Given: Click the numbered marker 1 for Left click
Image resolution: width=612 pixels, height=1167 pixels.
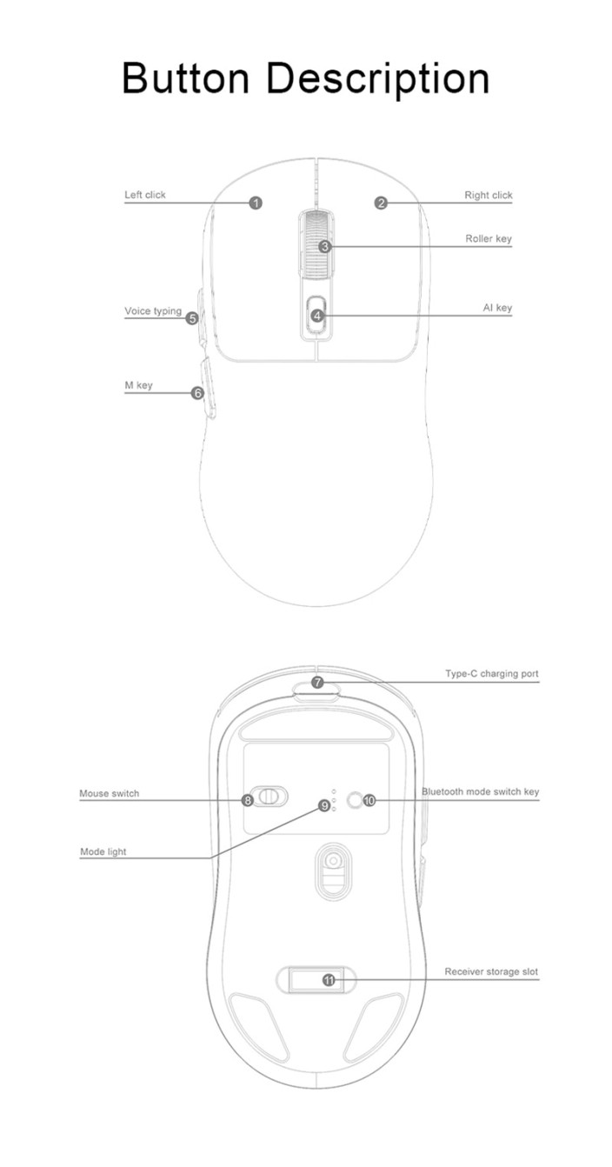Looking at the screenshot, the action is (256, 203).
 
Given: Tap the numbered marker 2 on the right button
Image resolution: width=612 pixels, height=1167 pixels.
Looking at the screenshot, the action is (382, 203).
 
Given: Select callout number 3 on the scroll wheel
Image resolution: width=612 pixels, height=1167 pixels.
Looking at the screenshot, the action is (325, 246).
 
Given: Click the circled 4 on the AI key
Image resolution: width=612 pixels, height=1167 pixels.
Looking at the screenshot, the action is (317, 316).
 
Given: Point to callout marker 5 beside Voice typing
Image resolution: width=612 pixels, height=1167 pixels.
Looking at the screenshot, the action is (192, 317).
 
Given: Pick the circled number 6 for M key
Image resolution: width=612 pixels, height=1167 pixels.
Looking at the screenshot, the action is (197, 393).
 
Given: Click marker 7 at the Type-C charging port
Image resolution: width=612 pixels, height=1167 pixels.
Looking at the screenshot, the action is (317, 682).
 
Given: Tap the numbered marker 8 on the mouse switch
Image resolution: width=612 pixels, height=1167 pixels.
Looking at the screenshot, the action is (249, 800).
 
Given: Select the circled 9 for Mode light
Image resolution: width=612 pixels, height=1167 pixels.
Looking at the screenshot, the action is (324, 806).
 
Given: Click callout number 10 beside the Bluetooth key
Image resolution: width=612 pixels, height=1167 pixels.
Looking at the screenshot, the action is (369, 800).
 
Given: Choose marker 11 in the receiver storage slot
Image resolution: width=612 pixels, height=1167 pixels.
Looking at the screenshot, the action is (329, 980).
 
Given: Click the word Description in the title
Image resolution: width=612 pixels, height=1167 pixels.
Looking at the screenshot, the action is (378, 79).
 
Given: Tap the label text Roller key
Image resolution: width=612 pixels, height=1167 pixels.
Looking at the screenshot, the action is (489, 238).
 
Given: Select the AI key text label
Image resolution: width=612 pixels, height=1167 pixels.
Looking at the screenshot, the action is (497, 308).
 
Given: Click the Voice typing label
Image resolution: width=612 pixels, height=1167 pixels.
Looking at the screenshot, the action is (153, 311).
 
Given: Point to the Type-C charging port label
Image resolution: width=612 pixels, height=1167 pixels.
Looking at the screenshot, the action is (492, 674).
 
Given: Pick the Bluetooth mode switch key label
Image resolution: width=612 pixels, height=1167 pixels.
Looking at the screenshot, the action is (480, 792).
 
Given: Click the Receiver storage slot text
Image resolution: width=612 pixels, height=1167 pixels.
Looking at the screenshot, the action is (491, 971).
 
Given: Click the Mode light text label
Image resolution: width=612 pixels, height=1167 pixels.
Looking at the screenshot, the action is (103, 852).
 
